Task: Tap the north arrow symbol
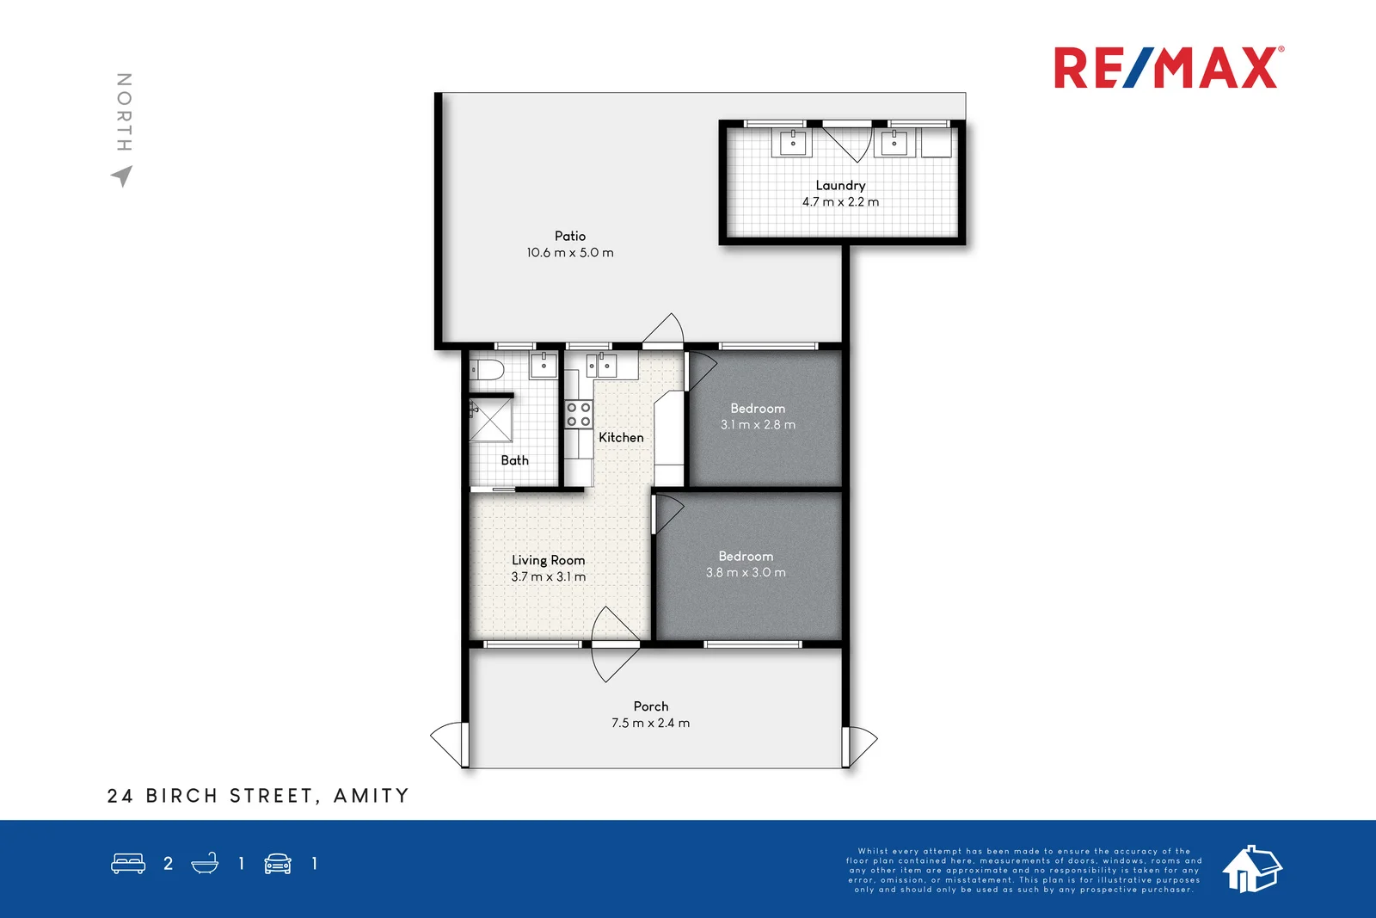click(123, 176)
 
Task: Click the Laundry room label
click(840, 185)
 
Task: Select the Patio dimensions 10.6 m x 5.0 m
click(570, 253)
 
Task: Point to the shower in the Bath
click(491, 420)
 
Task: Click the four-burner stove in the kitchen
click(579, 415)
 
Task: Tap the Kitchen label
click(621, 437)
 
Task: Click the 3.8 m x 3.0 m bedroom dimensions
click(746, 573)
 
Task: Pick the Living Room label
click(548, 560)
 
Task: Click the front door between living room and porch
click(614, 644)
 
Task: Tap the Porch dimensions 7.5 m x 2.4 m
click(650, 724)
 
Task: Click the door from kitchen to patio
click(663, 331)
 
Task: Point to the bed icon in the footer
click(128, 864)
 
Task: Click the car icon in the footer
click(278, 864)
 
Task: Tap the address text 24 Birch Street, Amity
click(258, 796)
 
